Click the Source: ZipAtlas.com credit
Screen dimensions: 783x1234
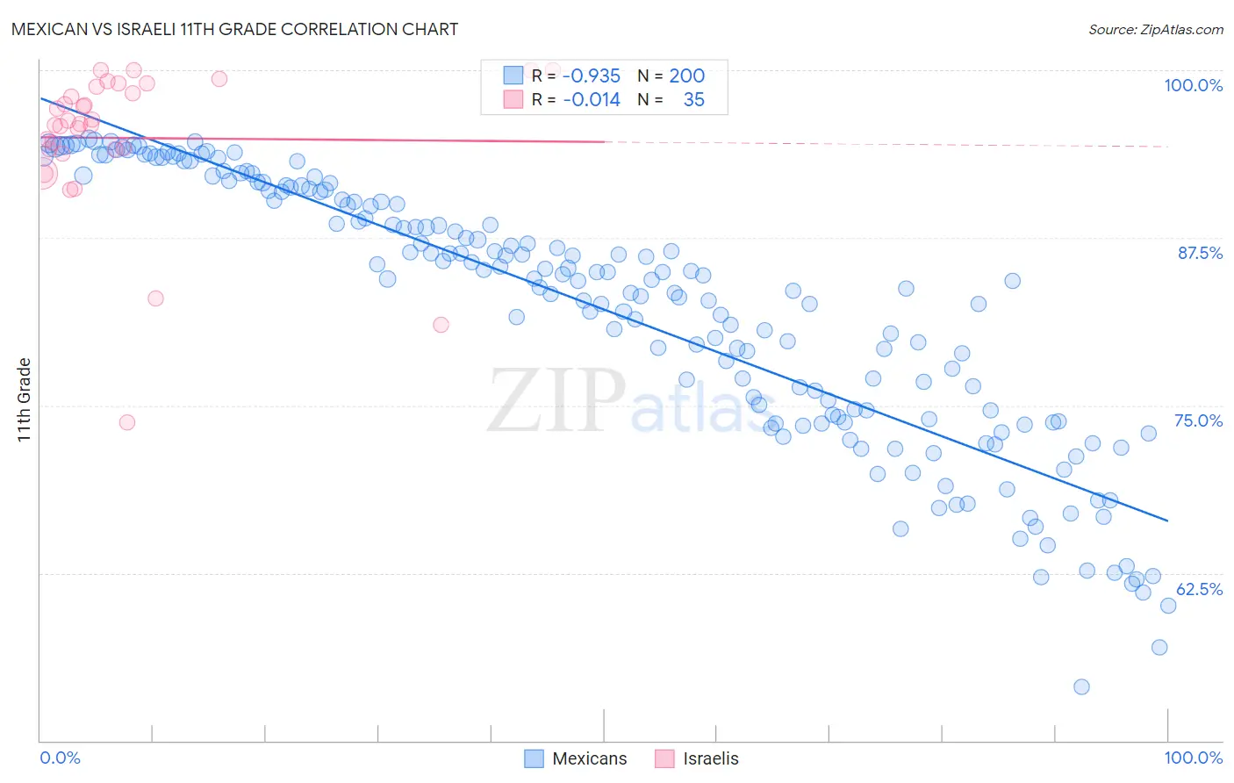pos(1155,30)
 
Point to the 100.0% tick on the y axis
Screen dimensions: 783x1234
pos(1193,85)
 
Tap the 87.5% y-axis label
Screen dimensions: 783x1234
pos(1199,253)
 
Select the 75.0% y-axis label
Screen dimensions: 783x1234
pos(1198,420)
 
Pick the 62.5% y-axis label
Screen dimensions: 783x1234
pos(1199,589)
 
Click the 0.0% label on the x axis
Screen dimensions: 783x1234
pos(60,758)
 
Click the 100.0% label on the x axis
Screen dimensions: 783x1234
pos(1193,758)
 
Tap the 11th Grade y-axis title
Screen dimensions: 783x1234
pos(25,399)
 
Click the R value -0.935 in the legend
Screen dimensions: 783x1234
pos(592,76)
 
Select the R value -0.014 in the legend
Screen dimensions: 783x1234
pos(592,100)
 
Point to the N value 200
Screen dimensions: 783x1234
pos(686,76)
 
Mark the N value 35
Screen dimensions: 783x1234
pos(693,100)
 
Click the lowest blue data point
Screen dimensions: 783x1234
pos(1081,686)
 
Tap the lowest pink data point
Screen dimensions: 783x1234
pos(127,422)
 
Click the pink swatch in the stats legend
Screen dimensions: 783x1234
pos(513,99)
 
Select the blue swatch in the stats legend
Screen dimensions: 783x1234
pos(513,75)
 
